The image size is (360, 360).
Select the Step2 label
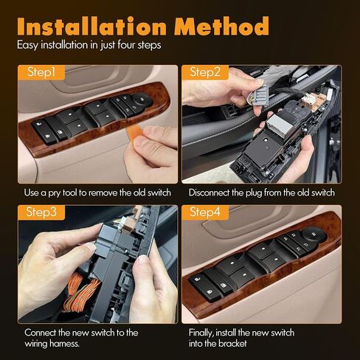tap(207, 72)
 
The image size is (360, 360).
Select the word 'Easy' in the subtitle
tap(29, 46)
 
